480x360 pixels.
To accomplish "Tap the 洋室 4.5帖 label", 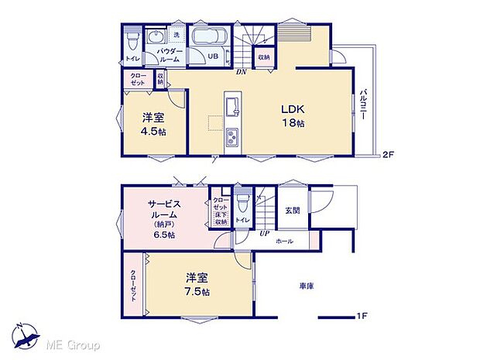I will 152,124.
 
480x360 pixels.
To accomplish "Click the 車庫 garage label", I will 307,286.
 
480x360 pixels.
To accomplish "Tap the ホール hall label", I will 284,242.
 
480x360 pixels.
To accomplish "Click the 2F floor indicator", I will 388,155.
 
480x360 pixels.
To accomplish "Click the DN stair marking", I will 240,71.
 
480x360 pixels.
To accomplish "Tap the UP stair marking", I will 264,232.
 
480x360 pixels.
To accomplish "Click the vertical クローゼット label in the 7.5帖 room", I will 133,285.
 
